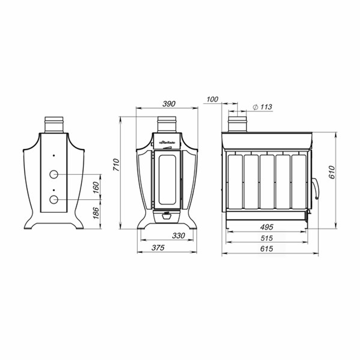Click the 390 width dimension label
point(168,104)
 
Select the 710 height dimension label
point(116,165)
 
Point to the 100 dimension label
point(213,99)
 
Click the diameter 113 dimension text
point(262,107)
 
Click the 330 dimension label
point(178,236)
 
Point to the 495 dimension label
point(267,227)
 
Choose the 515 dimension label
point(267,238)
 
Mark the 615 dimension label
point(267,249)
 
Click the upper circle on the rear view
point(54,174)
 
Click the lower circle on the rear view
point(54,199)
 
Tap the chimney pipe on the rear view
point(54,125)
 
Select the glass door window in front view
point(167,179)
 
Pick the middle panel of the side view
point(267,182)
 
